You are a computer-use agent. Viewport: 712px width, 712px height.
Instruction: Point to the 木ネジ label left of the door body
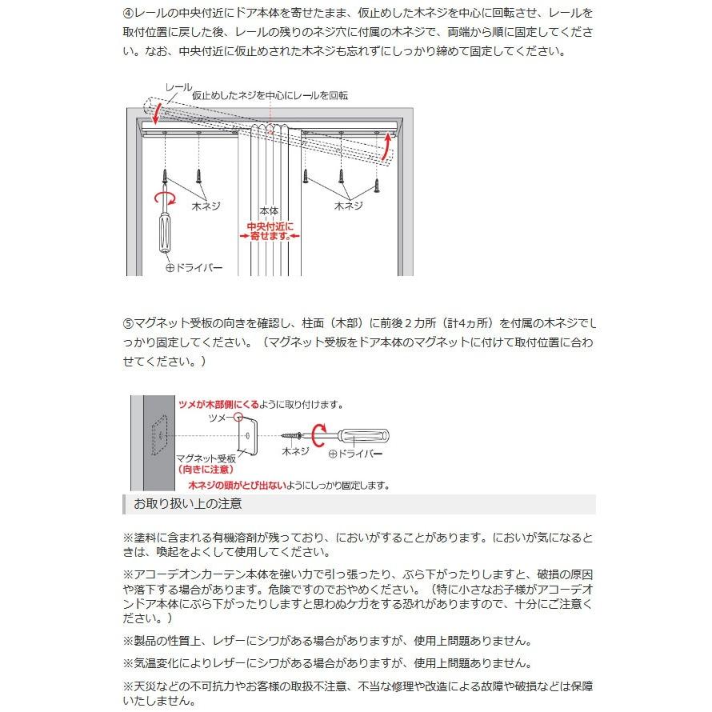[x=205, y=206]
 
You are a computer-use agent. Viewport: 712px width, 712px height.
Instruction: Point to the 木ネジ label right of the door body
[x=348, y=206]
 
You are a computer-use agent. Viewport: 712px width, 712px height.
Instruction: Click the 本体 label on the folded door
[x=269, y=212]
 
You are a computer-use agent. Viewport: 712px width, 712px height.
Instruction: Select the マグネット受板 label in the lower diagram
[x=206, y=458]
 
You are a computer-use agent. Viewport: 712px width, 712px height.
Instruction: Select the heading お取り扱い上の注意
[x=187, y=504]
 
